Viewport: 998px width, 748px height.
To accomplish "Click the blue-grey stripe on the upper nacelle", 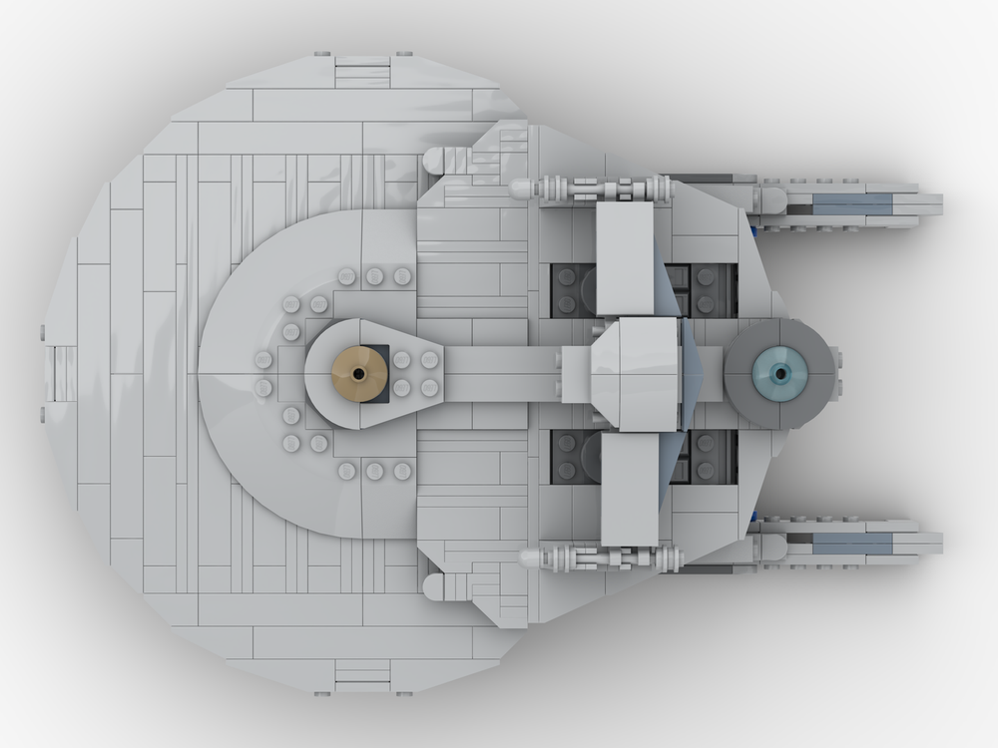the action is (852, 204).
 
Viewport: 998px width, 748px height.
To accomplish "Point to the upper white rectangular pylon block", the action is (625, 257).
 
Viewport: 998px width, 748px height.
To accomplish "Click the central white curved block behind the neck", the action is (635, 373).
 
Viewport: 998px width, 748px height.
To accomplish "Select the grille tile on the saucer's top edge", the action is (362, 72).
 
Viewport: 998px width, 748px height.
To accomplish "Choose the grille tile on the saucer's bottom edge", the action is (362, 675).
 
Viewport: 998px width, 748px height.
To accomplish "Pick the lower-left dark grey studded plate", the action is (573, 457).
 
